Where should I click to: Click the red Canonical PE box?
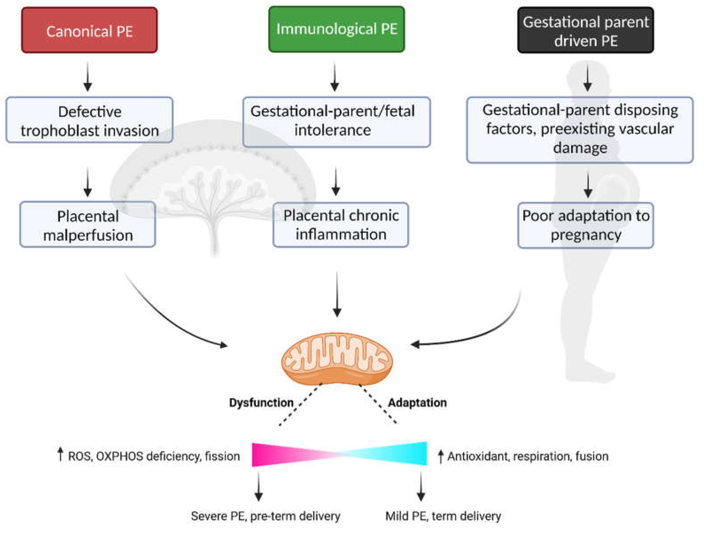(89, 30)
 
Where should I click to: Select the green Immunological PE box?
(337, 29)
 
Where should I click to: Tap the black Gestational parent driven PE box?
(585, 31)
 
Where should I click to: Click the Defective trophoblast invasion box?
(89, 120)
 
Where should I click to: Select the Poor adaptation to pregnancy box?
(586, 225)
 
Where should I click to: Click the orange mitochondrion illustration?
(337, 358)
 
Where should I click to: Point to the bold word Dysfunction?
(261, 403)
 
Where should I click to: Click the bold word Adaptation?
(417, 403)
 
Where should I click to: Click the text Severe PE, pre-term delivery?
(265, 516)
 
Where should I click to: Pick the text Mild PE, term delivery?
(443, 516)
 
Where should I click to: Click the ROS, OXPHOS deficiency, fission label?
(153, 456)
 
